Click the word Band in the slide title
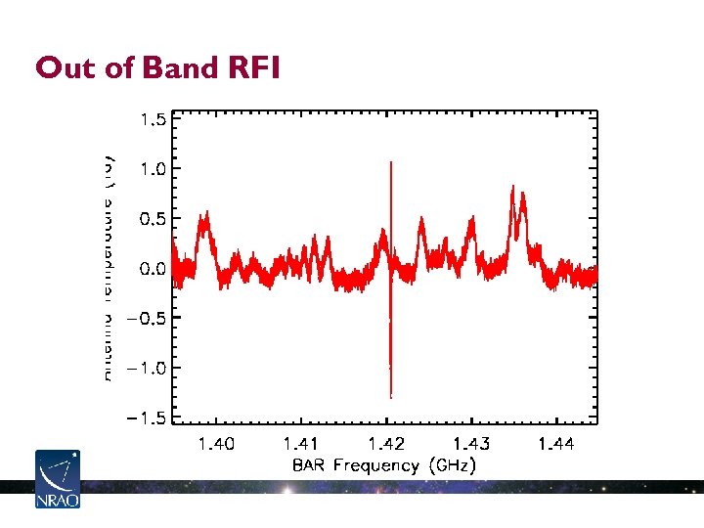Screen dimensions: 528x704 (x=177, y=67)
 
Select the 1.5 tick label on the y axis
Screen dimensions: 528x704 (x=154, y=118)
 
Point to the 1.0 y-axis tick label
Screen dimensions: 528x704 (x=154, y=168)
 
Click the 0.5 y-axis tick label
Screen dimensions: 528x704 (x=154, y=219)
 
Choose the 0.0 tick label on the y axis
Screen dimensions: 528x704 (x=154, y=269)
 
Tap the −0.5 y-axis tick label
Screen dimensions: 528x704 (x=146, y=319)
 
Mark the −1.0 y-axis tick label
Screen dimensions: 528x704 (x=146, y=369)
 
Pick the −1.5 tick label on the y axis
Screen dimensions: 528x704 (x=146, y=418)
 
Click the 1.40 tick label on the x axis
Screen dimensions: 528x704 (x=216, y=445)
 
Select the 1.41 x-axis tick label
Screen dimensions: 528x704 (x=301, y=445)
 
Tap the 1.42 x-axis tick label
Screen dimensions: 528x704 (x=386, y=445)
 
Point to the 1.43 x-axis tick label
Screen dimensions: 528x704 (x=471, y=445)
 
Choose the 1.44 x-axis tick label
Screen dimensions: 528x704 (x=555, y=445)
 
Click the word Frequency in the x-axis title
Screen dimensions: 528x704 (x=375, y=466)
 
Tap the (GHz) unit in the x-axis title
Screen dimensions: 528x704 (x=453, y=466)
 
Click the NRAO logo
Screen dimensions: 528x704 (x=57, y=479)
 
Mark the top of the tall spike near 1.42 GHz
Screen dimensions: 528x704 (x=391, y=162)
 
